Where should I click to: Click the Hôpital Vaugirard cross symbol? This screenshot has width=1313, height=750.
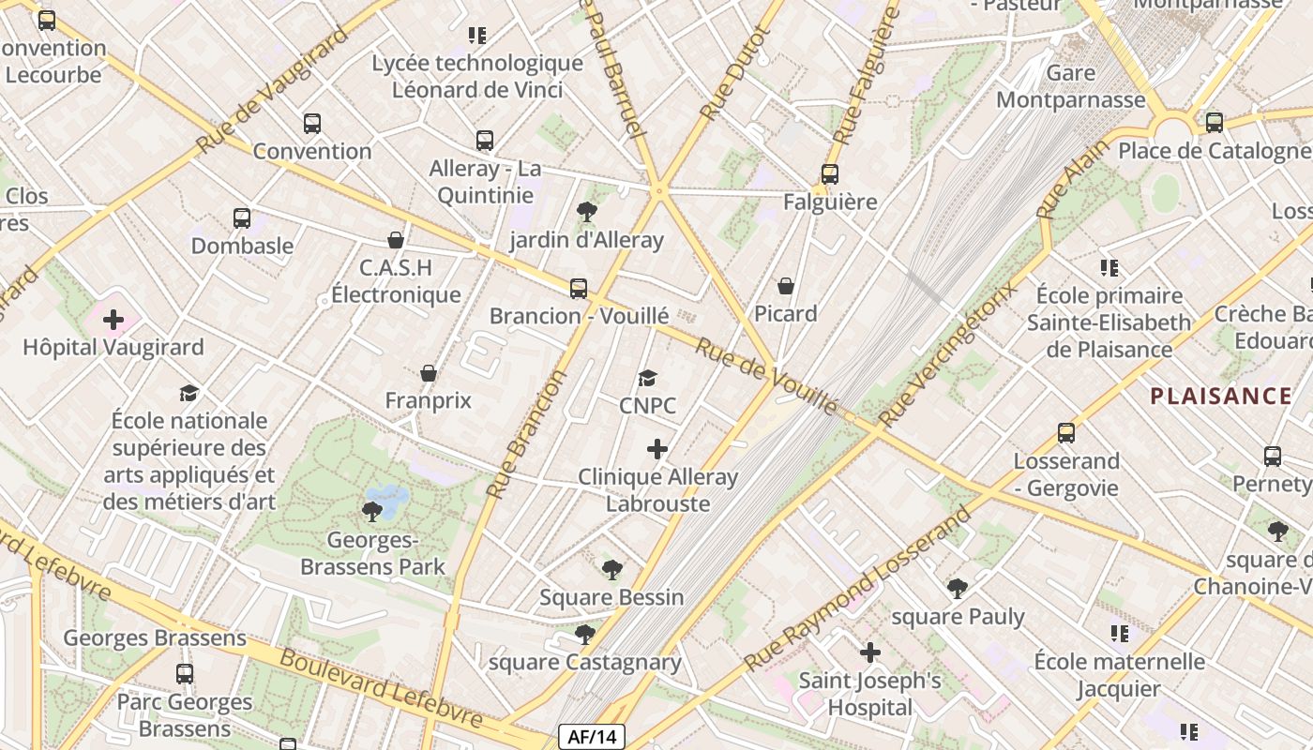(113, 320)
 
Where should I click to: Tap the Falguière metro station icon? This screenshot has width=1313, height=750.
(829, 174)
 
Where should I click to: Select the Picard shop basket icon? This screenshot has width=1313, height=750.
(786, 286)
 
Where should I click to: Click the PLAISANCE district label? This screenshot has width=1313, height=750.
(1221, 396)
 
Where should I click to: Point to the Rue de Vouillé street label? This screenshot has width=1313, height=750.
(765, 376)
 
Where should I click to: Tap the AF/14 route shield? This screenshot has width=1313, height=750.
(591, 737)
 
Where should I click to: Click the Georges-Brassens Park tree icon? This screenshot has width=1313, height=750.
(372, 511)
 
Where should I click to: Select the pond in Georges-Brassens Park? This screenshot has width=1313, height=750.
(386, 496)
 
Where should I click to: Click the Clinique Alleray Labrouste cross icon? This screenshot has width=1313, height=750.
(657, 449)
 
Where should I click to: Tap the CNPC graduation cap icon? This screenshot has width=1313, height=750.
(647, 379)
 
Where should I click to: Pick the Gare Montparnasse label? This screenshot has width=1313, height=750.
(1071, 86)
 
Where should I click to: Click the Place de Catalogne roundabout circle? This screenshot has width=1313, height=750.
(1172, 130)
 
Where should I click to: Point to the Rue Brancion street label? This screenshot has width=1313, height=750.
(527, 434)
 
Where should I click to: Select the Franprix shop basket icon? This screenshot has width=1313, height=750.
(429, 373)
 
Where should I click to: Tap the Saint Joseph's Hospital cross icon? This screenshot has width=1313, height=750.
(870, 652)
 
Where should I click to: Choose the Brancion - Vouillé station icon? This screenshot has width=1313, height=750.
(579, 289)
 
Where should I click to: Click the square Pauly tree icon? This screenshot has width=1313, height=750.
(957, 589)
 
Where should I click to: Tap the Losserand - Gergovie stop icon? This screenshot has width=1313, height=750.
(1066, 433)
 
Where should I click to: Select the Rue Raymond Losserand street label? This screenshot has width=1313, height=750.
(858, 590)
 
